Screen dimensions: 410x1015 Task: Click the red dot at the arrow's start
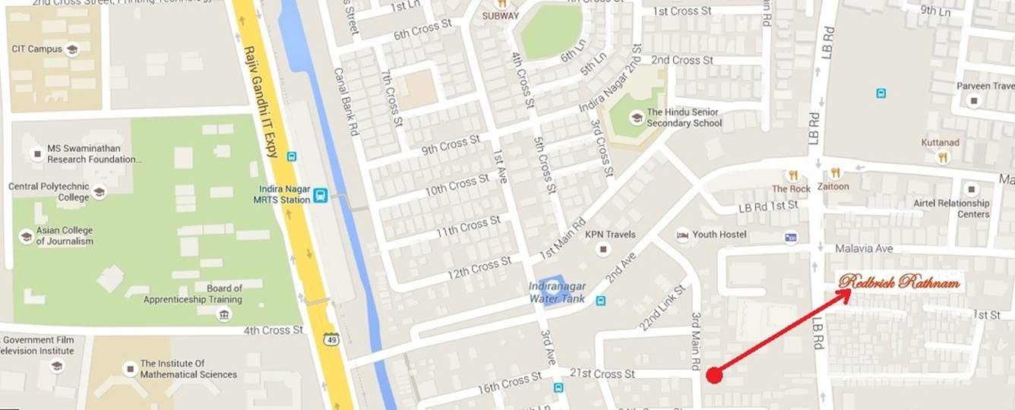(713, 375)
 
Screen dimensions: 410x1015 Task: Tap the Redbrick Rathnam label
(900, 282)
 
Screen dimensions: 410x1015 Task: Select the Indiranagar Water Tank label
(558, 293)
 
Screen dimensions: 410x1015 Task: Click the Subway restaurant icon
(501, 4)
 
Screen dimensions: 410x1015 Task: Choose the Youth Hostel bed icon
(682, 235)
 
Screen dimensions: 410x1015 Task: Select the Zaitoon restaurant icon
(836, 173)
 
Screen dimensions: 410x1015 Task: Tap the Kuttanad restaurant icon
(943, 157)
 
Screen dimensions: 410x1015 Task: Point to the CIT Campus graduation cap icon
(72, 49)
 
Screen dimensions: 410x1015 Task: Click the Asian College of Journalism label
(65, 235)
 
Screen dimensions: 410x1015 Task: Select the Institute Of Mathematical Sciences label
(188, 369)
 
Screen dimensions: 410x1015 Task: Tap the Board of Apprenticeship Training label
(193, 294)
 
